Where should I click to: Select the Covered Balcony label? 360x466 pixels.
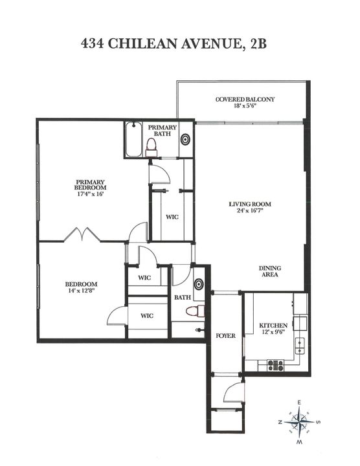(245, 99)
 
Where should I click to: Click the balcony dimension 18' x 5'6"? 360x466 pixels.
(245, 107)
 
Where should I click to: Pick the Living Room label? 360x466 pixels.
(249, 205)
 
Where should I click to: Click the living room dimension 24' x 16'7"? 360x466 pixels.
(249, 212)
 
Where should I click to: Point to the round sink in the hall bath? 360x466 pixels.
(199, 283)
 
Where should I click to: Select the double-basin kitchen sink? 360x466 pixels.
(300, 345)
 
